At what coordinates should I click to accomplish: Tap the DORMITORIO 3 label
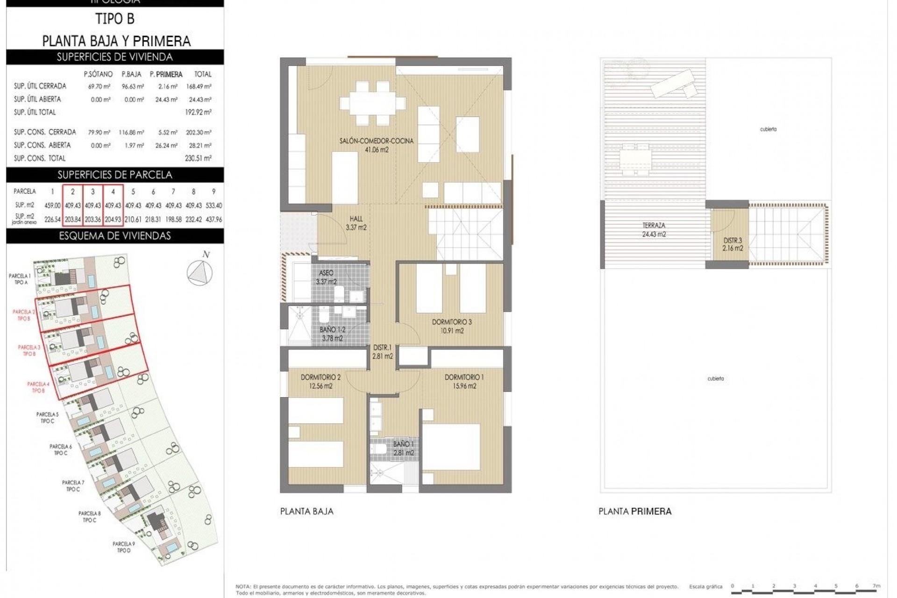(451, 322)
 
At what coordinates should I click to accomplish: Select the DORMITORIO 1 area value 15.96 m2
(464, 386)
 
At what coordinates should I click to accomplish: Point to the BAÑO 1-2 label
(332, 330)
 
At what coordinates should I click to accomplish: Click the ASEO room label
(326, 273)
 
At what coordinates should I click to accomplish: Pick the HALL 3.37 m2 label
(356, 223)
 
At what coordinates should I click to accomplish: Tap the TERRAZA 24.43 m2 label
(653, 230)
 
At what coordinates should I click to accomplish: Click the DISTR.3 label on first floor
(733, 241)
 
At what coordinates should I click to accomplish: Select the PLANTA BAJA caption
(306, 511)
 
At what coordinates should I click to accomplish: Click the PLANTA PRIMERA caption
(634, 511)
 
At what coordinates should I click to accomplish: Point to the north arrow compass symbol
(199, 271)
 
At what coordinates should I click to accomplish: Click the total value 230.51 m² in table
(198, 158)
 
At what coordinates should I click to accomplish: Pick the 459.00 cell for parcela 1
(52, 206)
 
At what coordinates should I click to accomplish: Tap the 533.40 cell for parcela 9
(214, 206)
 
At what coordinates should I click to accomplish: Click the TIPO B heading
(115, 19)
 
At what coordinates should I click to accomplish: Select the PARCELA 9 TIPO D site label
(123, 547)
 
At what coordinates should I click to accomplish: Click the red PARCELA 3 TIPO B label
(29, 350)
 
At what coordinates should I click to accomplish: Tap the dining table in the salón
(373, 102)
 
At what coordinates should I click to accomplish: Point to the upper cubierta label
(768, 129)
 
